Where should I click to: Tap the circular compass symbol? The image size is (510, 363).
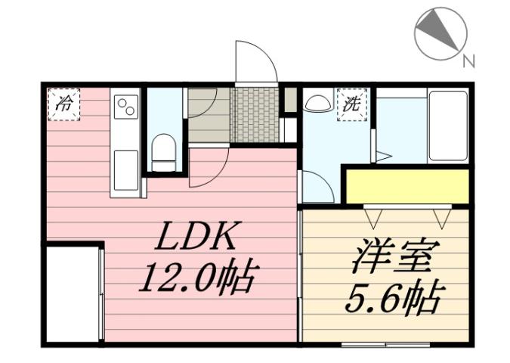coord(440,33)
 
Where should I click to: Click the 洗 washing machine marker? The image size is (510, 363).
coord(352,104)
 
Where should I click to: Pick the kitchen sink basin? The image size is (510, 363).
coord(125,167)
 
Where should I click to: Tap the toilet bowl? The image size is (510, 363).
coord(163,151)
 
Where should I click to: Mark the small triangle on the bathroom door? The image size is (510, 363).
coord(383,157)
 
